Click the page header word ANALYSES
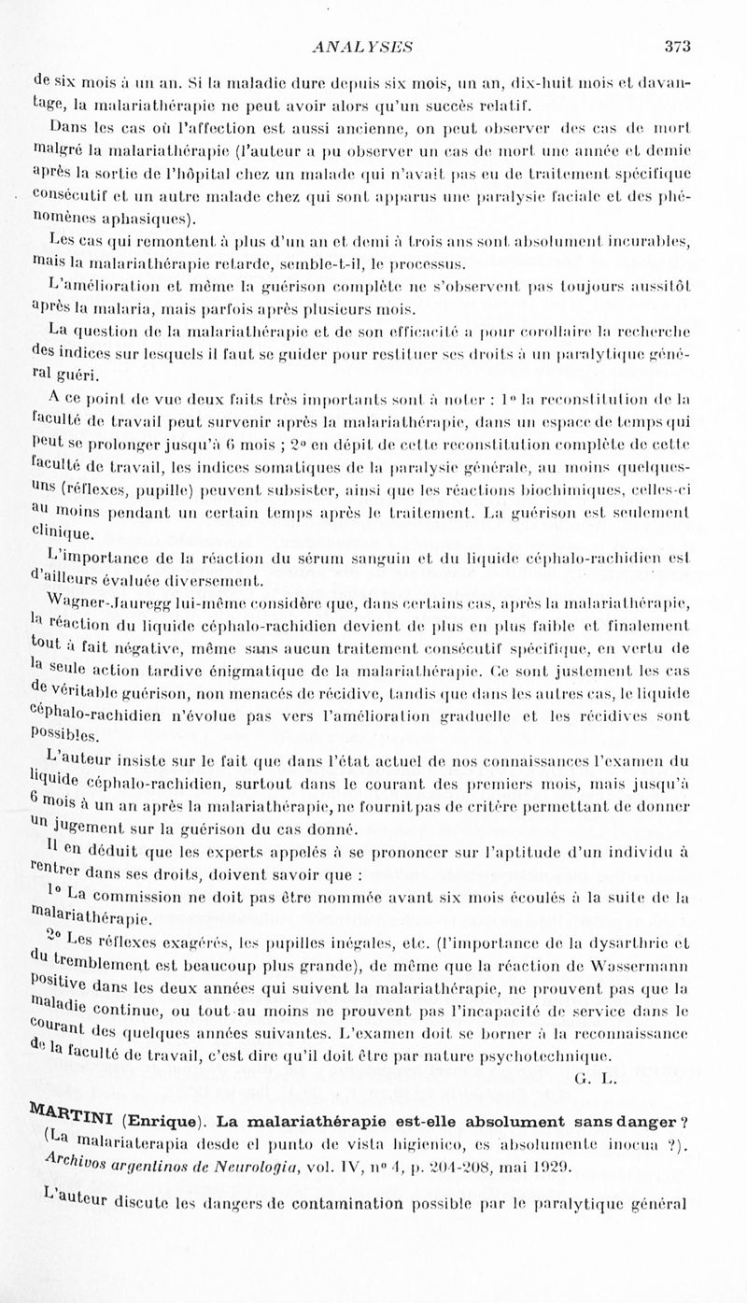pyautogui.click(x=364, y=45)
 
